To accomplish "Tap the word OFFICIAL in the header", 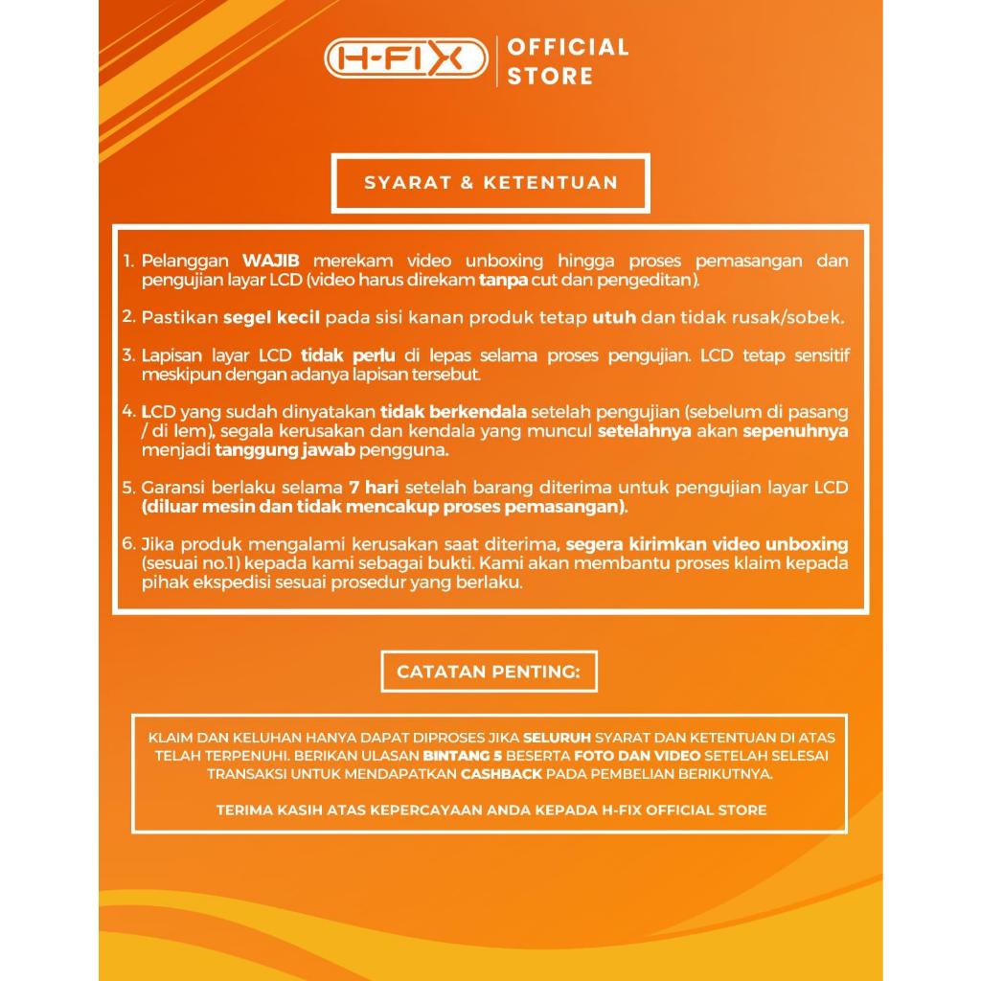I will tap(568, 47).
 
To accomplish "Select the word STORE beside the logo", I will tap(550, 77).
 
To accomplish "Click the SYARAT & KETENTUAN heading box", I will tap(490, 183).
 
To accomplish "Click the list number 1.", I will tap(128, 261).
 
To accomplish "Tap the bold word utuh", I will tap(614, 317).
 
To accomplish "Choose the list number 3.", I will tap(128, 355).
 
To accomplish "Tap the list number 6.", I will tap(128, 544).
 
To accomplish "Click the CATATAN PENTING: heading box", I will tap(489, 672).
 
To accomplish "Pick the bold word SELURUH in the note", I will tap(557, 738).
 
